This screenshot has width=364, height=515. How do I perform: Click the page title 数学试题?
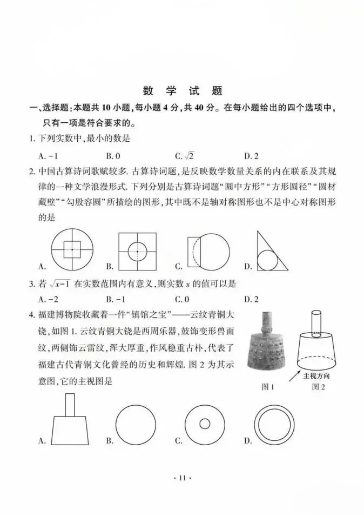(183, 91)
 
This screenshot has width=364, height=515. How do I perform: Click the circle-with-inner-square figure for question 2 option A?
(72, 250)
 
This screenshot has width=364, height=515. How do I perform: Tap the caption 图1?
(268, 387)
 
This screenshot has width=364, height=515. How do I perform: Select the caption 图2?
(319, 387)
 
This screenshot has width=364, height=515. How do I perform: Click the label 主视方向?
(316, 375)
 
